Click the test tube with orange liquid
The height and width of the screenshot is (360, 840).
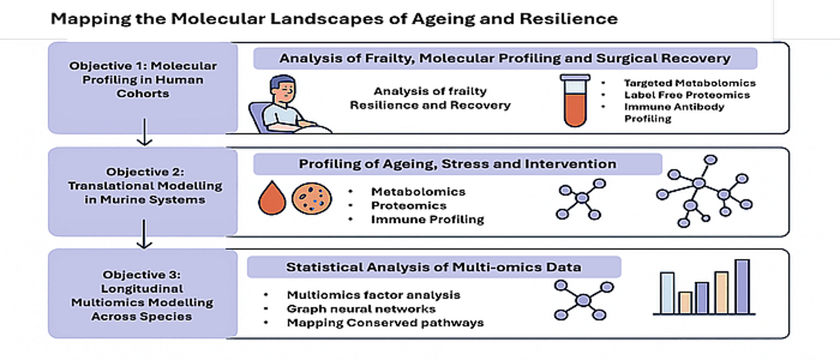click(575, 101)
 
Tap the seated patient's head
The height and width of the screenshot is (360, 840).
click(283, 90)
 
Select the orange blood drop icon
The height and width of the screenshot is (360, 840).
click(272, 198)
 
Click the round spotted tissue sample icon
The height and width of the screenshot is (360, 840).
click(311, 199)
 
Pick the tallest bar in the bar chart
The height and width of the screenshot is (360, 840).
click(742, 287)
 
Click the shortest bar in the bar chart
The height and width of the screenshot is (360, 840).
click(685, 302)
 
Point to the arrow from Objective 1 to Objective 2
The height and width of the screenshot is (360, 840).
click(145, 133)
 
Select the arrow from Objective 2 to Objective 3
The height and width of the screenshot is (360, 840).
click(145, 235)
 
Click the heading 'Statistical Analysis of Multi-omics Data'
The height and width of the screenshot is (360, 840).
click(434, 267)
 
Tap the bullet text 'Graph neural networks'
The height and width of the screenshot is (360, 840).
click(361, 309)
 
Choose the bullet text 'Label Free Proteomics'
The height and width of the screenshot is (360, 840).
click(687, 95)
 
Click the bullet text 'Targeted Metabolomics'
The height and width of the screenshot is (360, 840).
click(690, 83)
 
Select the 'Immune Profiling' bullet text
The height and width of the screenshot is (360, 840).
click(427, 220)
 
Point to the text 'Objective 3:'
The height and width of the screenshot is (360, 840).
click(142, 275)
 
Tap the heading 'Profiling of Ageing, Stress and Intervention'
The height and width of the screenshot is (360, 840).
click(457, 164)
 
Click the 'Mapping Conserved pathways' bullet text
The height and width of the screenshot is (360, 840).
click(385, 323)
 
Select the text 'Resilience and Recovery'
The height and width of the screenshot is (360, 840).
click(430, 106)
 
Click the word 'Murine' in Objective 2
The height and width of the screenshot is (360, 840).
click(121, 200)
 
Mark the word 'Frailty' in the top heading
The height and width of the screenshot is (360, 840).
click(389, 59)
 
